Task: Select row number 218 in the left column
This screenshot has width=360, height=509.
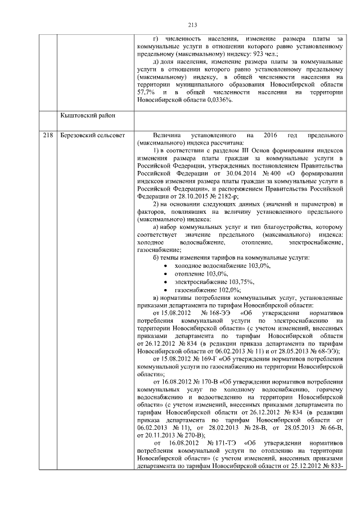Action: click(x=48, y=136)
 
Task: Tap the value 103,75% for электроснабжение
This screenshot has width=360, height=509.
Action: click(x=241, y=281)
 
